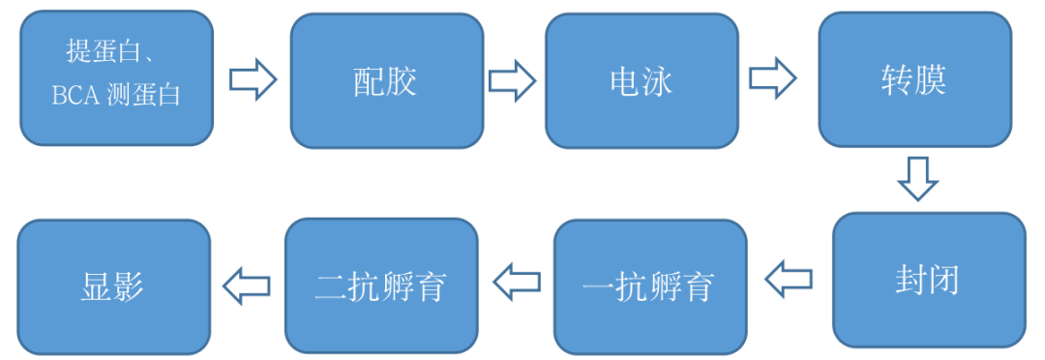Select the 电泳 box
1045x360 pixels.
pos(642,81)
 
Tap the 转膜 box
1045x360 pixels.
pos(914,81)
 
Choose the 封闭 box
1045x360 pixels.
pos(928,281)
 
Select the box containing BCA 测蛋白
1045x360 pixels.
pos(117,77)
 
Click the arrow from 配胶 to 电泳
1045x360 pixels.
pos(512,79)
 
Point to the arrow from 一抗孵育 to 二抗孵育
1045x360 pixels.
pos(517,282)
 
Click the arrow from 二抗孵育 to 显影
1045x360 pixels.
pos(247,285)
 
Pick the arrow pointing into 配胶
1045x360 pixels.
pos(253,79)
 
